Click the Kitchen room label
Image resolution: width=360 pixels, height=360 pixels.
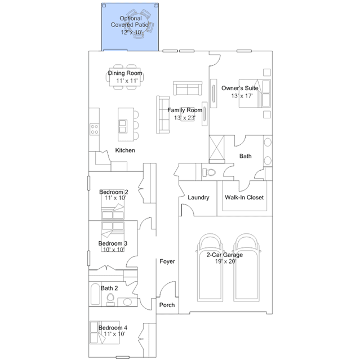pos(125,150)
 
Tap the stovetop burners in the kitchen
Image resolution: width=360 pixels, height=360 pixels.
pos(94,129)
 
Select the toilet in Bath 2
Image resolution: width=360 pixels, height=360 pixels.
pos(110,300)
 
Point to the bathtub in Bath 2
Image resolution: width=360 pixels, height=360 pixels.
pos(95,294)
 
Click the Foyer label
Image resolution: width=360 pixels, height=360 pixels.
pos(167,261)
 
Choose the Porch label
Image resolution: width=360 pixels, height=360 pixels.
pos(167,305)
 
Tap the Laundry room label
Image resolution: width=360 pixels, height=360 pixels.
pos(198,198)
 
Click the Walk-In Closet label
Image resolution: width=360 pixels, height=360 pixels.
pos(244,197)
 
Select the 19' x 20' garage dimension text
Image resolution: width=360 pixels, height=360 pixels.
pos(225,261)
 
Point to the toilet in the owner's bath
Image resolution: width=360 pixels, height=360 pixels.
pos(209,172)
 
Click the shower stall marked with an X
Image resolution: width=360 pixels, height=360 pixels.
pos(216,149)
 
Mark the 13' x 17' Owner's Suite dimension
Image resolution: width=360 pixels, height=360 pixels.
pos(242,96)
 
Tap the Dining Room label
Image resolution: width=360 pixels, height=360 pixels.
pos(125,73)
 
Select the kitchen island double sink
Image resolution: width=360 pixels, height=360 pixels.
pos(122,126)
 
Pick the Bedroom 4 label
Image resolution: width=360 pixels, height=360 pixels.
pos(113,328)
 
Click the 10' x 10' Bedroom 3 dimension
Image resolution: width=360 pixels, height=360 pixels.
pos(114,250)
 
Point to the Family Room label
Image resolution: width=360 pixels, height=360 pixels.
pos(185,110)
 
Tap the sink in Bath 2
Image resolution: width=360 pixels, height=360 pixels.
pos(127,301)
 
